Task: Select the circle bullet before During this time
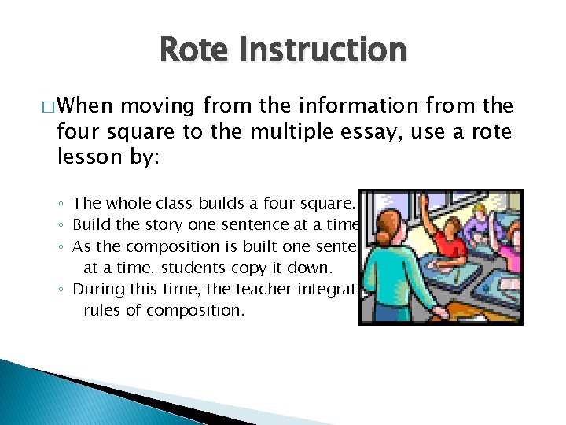[x=62, y=290]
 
